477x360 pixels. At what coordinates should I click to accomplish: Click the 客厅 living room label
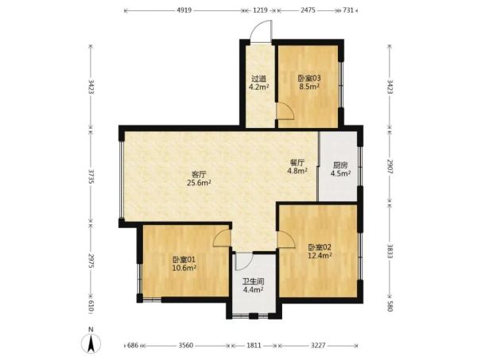pyautogui.click(x=200, y=175)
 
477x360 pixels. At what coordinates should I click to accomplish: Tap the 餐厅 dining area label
pyautogui.click(x=297, y=163)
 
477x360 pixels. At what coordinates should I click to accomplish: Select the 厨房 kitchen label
pyautogui.click(x=340, y=166)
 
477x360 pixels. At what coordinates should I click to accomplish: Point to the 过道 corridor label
pyautogui.click(x=258, y=79)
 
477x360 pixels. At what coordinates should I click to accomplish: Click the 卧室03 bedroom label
pyautogui.click(x=308, y=78)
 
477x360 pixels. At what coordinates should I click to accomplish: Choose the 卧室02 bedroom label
pyautogui.click(x=319, y=247)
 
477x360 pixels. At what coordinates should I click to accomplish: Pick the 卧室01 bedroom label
pyautogui.click(x=184, y=260)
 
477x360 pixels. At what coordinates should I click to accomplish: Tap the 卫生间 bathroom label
pyautogui.click(x=253, y=281)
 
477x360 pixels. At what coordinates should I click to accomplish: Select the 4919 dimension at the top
pyautogui.click(x=184, y=10)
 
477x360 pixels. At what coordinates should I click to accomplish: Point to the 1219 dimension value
pyautogui.click(x=260, y=10)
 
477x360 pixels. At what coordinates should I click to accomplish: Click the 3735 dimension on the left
pyautogui.click(x=91, y=177)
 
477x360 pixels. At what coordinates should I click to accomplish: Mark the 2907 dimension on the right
pyautogui.click(x=390, y=166)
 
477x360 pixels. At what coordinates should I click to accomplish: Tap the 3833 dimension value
pyautogui.click(x=390, y=251)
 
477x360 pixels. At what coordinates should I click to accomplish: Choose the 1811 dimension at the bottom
pyautogui.click(x=254, y=346)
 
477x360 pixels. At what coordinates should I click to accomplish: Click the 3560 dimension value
pyautogui.click(x=186, y=346)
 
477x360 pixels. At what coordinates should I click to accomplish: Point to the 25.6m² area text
pyautogui.click(x=200, y=183)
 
